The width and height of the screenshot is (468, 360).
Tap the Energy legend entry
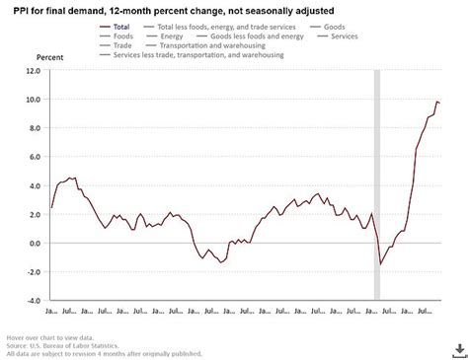pyautogui.click(x=175, y=36)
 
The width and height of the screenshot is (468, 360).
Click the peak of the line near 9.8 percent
pyautogui.click(x=436, y=102)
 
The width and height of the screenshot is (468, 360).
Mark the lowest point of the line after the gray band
pyautogui.click(x=381, y=264)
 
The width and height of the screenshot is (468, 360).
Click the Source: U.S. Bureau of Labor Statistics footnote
pyautogui.click(x=58, y=345)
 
